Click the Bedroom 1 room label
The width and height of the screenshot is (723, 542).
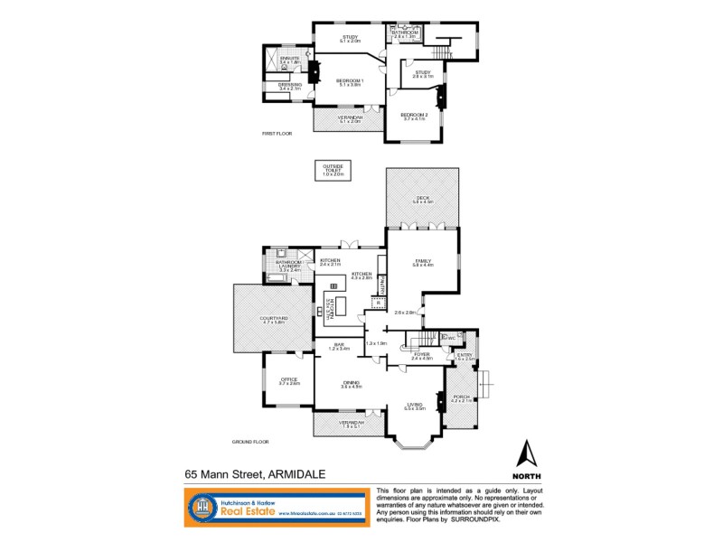pos(349,82)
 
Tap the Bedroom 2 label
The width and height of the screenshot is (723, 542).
pos(413,117)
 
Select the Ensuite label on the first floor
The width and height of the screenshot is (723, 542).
pos(289,60)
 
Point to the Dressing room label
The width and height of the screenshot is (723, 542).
pos(289,87)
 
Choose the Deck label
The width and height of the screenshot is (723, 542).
pos(422,200)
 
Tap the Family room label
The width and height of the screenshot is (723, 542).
pos(423,263)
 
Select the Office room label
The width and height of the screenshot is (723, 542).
pos(288,381)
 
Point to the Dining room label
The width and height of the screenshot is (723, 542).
pos(351,384)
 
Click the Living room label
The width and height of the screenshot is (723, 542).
pos(415,406)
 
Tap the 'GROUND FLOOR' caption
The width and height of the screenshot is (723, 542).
pos(250,442)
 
